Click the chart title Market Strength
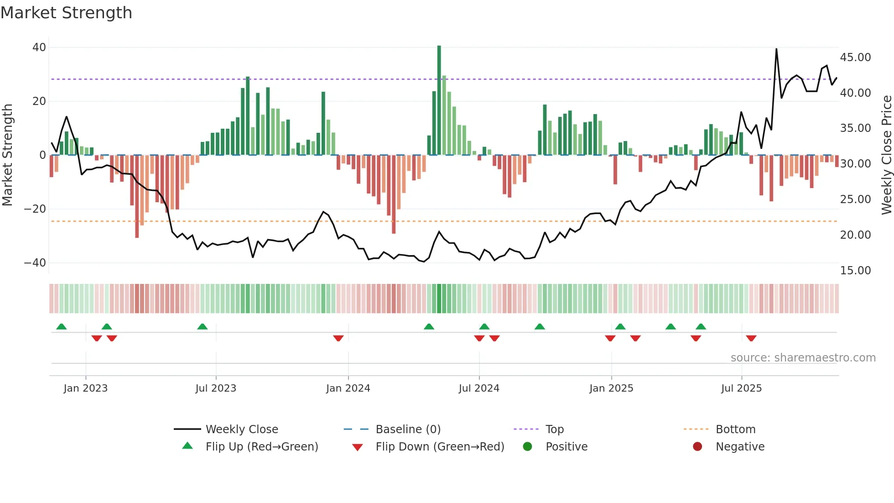(66, 13)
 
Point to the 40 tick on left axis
(39, 47)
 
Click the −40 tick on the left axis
(35, 263)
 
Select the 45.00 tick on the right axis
(855, 58)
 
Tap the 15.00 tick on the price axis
(855, 271)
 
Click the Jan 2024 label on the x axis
(348, 388)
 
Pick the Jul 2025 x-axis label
(741, 388)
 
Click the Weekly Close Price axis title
(886, 155)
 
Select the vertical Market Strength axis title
(8, 155)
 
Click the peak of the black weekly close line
(776, 49)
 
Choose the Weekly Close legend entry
(241, 430)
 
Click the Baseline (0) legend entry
(408, 430)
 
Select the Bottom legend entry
(735, 430)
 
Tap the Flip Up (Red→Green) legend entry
(261, 447)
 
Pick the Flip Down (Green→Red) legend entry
(440, 447)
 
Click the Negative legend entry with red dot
(740, 447)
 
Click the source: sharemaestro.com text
(803, 358)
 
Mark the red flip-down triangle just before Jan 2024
(338, 338)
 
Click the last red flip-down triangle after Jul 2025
(751, 338)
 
